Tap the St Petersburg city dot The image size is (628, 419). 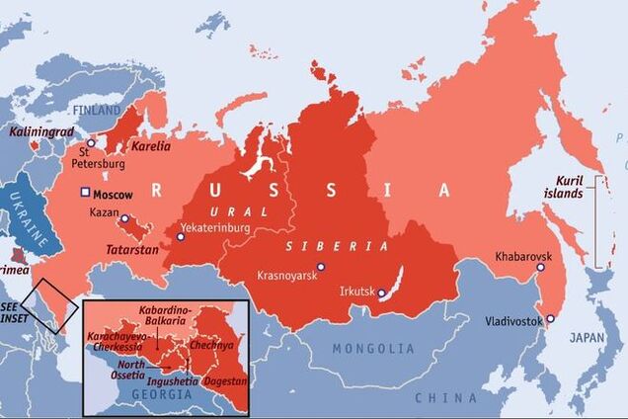click(x=91, y=143)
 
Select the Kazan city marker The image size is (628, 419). click(x=124, y=217)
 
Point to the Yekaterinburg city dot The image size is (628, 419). click(x=181, y=236)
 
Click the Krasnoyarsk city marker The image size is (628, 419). click(x=320, y=266)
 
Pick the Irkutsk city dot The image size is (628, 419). click(x=381, y=293)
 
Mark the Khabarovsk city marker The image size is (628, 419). click(x=540, y=267)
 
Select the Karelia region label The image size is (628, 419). click(x=150, y=146)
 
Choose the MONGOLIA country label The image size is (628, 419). click(x=373, y=349)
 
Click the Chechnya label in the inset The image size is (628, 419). click(x=216, y=346)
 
